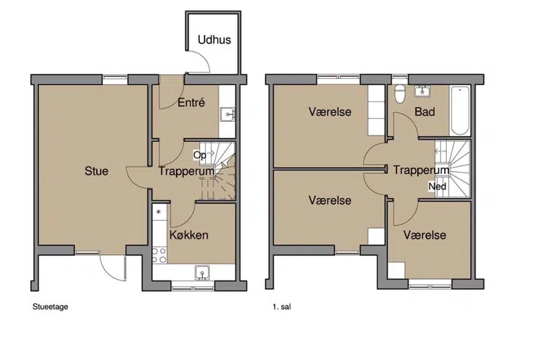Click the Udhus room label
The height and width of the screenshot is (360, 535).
point(214,39)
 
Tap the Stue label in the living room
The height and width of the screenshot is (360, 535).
point(96,171)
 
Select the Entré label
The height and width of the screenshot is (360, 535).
point(191,102)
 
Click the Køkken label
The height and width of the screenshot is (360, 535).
point(189,235)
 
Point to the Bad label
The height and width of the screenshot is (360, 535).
point(425,112)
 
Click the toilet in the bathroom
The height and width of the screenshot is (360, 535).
point(399,93)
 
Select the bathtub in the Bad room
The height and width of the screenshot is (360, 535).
point(459,110)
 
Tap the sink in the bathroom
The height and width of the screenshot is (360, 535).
point(423,91)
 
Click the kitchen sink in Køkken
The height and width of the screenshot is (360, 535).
point(203,273)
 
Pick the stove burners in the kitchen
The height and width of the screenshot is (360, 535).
point(159,256)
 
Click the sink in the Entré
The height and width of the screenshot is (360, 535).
point(227,114)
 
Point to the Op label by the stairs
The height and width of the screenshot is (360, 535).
point(199,155)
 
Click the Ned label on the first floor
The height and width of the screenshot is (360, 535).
point(437,187)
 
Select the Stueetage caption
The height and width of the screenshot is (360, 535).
point(50,306)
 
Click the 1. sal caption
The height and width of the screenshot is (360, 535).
point(282,306)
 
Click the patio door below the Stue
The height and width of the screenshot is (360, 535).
point(113,268)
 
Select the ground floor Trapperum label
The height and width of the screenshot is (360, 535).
point(187,171)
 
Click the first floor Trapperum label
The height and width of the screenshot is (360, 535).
point(421,170)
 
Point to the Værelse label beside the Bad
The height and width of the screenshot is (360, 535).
point(330,112)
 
